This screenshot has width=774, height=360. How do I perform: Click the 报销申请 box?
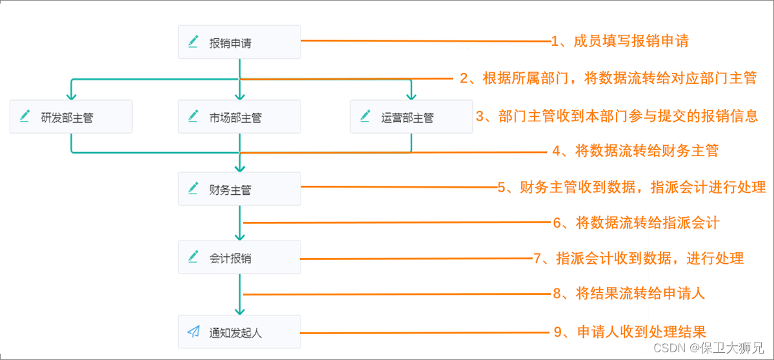pos(239,43)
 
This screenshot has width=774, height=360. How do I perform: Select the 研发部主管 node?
pos(71,117)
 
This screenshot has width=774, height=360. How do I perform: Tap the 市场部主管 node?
pos(239,117)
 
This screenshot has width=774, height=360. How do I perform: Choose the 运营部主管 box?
pos(411,117)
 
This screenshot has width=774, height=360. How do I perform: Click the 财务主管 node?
pos(239,189)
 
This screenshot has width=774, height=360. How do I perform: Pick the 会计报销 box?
pos(239,257)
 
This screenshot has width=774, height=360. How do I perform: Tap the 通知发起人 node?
pos(239,332)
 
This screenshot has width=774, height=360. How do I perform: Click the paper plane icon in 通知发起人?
pos(193,332)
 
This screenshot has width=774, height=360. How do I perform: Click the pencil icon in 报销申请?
pos(193,43)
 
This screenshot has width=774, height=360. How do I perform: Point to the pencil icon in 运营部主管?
pos(365,116)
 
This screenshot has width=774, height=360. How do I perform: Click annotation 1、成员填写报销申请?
pos(620,42)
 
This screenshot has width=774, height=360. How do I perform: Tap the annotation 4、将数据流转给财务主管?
pos(635,151)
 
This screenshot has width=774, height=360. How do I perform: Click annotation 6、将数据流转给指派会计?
pos(636,223)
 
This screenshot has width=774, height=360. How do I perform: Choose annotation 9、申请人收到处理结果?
pos(630,332)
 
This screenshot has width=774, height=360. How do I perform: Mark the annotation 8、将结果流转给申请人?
pos(629,294)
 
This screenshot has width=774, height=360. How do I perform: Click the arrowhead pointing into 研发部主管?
pos(71,95)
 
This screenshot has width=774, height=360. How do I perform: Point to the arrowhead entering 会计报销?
pos(239,236)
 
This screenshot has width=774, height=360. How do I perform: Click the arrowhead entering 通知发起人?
pos(239,310)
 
